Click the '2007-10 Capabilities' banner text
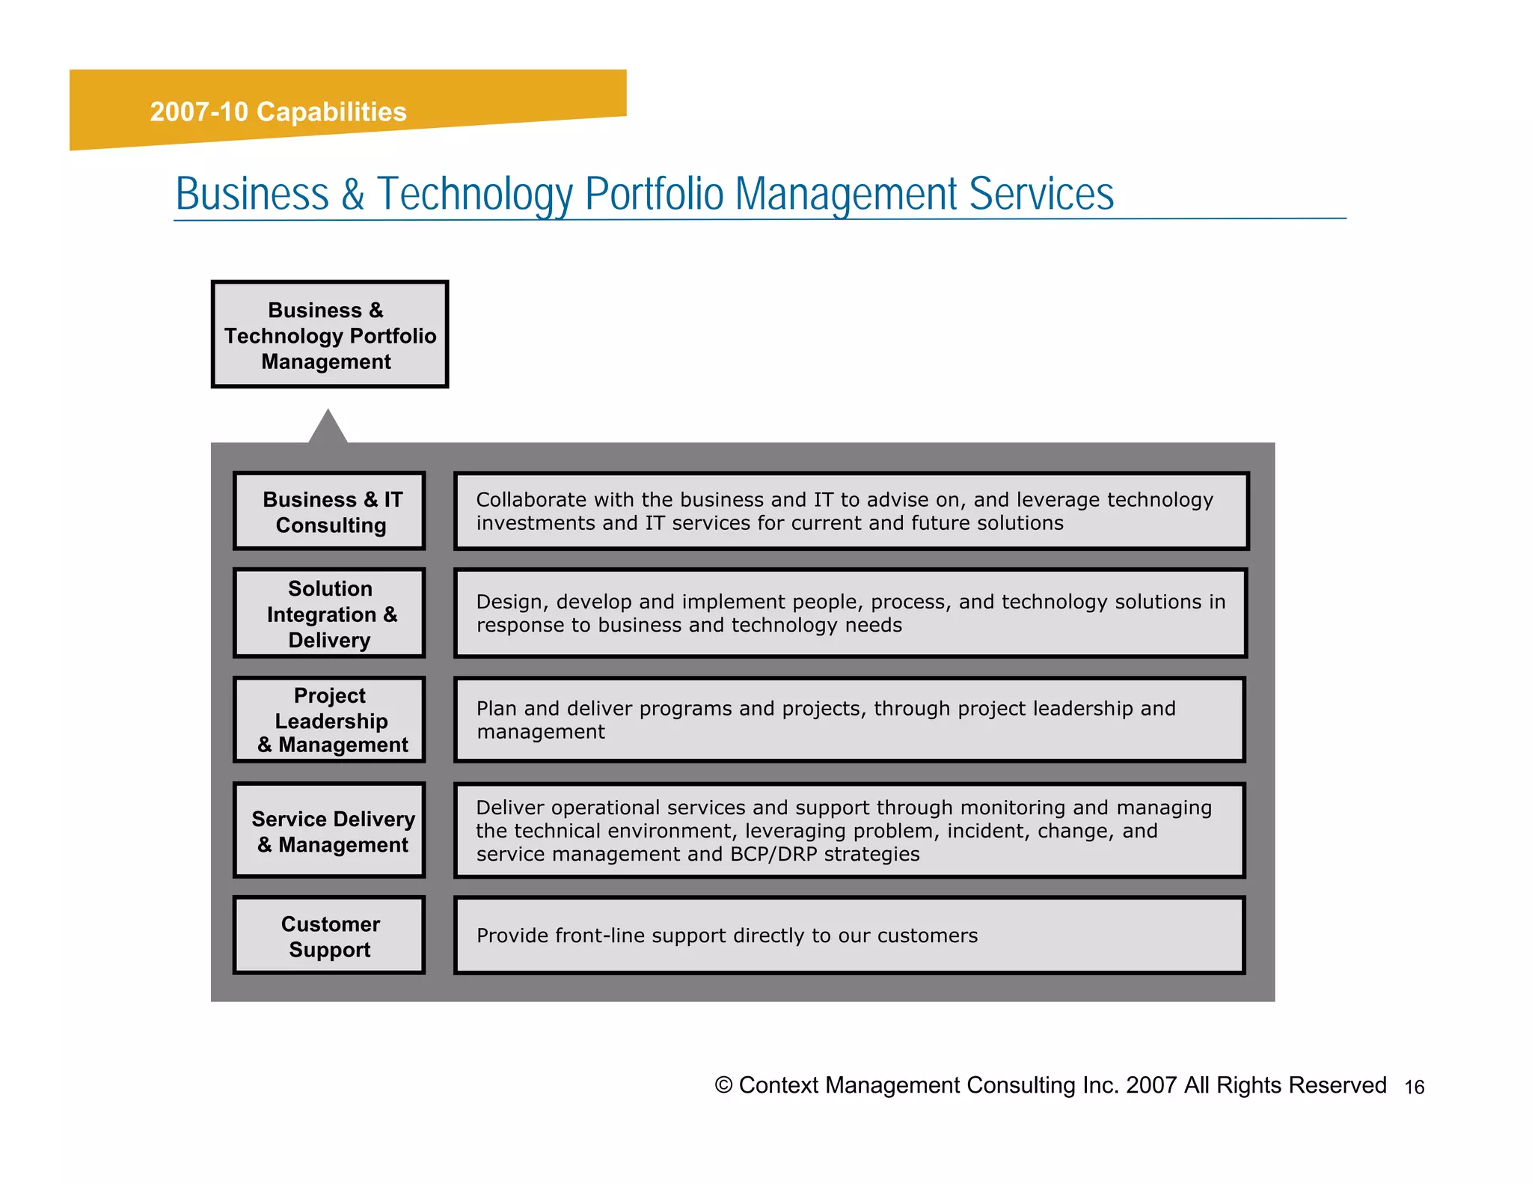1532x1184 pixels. point(278,112)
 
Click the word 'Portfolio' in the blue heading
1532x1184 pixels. point(654,194)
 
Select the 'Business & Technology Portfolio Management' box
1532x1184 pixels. point(329,335)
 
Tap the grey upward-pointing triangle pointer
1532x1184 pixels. point(328,429)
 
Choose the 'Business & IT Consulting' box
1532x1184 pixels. point(329,511)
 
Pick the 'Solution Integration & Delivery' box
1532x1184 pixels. point(329,614)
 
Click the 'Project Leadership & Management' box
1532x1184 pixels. point(329,719)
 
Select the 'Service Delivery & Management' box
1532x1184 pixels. point(329,831)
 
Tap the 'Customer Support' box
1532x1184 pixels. point(329,936)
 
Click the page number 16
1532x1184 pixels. point(1414,1087)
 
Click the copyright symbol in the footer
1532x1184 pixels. point(723,1085)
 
